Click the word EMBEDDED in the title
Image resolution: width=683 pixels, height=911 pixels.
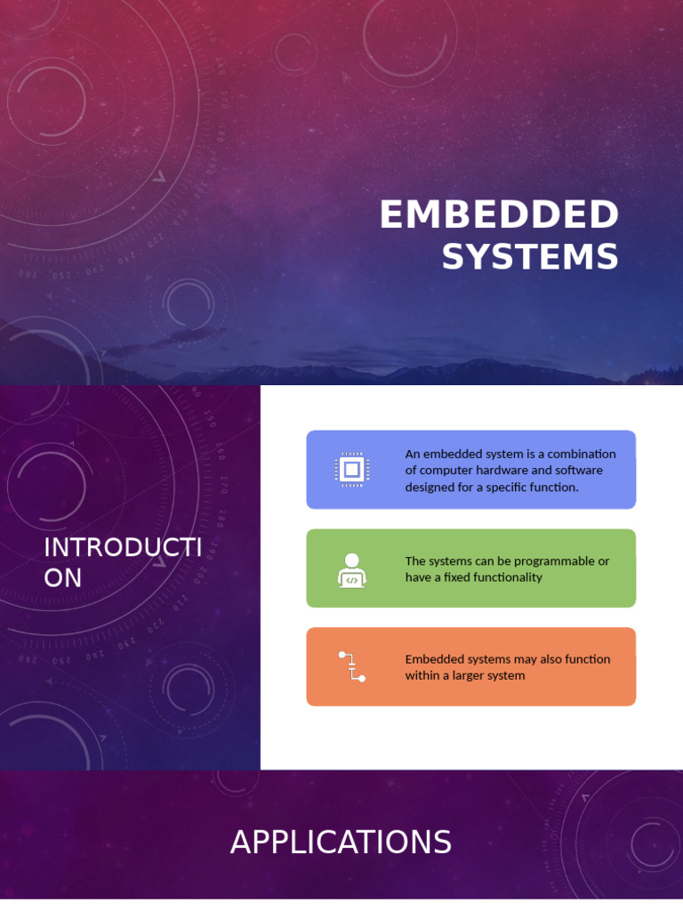[x=498, y=215]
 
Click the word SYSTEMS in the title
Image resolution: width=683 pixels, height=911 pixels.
[x=530, y=257]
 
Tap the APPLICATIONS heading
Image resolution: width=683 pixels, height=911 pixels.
[x=341, y=842]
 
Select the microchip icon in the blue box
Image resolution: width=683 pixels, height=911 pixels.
[x=352, y=470]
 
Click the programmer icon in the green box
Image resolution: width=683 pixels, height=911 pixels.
[x=352, y=569]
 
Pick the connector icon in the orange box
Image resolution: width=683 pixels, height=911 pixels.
[x=352, y=666]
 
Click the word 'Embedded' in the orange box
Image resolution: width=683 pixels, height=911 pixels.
[x=430, y=659]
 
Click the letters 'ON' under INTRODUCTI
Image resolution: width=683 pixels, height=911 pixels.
[x=62, y=578]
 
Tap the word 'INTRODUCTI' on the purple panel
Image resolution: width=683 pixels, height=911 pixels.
[x=123, y=547]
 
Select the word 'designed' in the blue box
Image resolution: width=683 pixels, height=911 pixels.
[x=428, y=487]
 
